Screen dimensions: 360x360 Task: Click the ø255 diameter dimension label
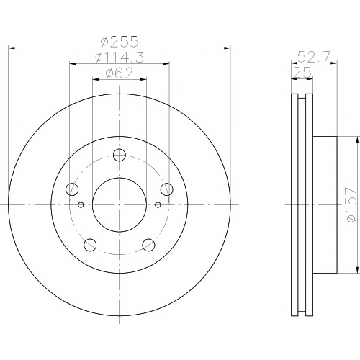coord(120,41)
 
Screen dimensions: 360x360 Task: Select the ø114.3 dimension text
coord(120,57)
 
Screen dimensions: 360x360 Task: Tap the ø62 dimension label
coord(119,73)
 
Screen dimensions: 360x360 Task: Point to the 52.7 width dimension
coord(314,57)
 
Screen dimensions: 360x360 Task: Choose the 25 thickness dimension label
coord(302,72)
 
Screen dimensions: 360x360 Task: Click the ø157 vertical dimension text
coord(351,204)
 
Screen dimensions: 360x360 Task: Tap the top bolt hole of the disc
coord(120,155)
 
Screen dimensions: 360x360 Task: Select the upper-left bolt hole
coord(72,189)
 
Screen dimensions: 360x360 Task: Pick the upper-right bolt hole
coord(167,189)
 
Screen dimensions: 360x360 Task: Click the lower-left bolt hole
coord(90,245)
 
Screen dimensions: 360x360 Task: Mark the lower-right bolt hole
coord(148,245)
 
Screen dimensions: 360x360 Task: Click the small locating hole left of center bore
coord(81,204)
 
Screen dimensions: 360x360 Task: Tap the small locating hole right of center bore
coord(158,204)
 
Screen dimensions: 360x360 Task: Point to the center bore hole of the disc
coord(120,204)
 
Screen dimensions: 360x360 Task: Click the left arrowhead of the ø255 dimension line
coord(12,48)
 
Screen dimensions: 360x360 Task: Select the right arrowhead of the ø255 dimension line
coord(227,48)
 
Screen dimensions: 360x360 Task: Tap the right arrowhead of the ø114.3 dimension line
coord(166,63)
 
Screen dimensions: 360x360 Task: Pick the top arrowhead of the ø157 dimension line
coord(358,140)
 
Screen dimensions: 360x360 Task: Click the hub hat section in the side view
coord(325,204)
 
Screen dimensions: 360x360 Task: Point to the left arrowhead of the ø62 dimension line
coord(96,79)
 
